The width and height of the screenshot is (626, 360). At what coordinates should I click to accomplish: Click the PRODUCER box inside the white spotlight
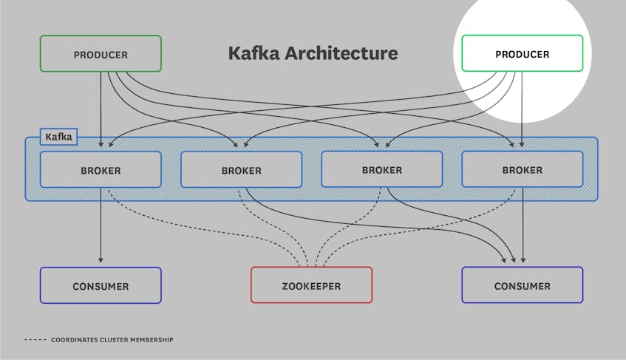[522, 54]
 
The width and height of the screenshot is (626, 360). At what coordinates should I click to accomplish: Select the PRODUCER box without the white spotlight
[101, 55]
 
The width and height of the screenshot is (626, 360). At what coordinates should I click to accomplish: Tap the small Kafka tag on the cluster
[58, 137]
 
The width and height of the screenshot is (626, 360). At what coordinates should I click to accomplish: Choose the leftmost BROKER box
[101, 170]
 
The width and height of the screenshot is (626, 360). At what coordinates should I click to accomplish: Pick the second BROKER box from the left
[241, 170]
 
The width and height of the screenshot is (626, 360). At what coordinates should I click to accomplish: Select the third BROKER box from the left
[381, 169]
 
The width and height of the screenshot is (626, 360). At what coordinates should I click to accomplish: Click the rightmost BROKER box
[522, 170]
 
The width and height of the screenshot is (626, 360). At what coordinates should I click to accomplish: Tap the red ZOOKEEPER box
[311, 285]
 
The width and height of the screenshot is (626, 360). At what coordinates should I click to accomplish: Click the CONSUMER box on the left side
[101, 285]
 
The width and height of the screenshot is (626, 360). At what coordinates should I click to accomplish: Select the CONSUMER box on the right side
[522, 285]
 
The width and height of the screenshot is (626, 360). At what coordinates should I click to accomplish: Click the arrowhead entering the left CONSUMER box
[101, 260]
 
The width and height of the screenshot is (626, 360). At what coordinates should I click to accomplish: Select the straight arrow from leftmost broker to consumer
[101, 222]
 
